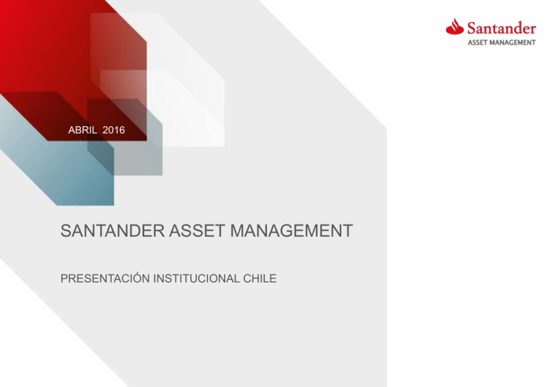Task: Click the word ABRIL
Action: pos(82,130)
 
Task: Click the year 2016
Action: pos(114,130)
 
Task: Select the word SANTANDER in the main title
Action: pos(109,232)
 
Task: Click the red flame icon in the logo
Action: pos(454,28)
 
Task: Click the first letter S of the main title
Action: pos(66,232)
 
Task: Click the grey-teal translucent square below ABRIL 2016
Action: pos(139,157)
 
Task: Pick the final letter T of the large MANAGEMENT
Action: pos(348,232)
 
